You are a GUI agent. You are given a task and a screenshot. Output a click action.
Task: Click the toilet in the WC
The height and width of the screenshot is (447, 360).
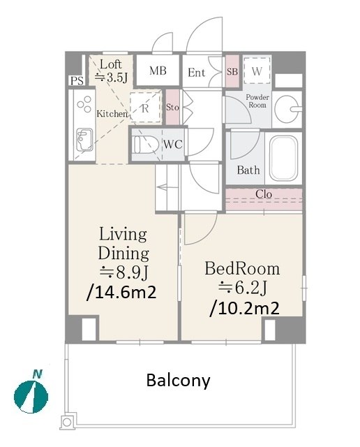(146, 145)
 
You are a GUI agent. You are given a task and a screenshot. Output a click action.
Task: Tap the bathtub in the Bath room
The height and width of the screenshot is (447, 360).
(283, 158)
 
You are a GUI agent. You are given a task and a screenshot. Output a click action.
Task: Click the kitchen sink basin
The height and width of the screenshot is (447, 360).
(84, 140)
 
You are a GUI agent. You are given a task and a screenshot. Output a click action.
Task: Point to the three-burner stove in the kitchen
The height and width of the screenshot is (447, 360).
(84, 104)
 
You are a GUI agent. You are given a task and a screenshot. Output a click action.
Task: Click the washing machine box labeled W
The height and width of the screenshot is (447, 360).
(257, 71)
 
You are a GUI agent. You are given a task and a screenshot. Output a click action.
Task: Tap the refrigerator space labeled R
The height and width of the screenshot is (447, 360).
(145, 108)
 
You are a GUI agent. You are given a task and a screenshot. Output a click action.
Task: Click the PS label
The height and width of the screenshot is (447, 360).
(77, 81)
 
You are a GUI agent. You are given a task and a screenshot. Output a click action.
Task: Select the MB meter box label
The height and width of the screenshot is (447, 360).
(158, 71)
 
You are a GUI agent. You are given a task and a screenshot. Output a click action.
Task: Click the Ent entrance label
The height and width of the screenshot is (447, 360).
(197, 73)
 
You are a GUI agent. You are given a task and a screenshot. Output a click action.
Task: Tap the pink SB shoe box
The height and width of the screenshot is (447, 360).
(232, 71)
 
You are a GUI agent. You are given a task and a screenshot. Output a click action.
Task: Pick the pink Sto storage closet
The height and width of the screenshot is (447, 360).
(172, 107)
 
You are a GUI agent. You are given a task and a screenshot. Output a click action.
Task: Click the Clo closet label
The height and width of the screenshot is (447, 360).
(264, 194)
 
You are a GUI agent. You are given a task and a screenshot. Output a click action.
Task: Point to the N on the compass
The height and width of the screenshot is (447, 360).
(37, 374)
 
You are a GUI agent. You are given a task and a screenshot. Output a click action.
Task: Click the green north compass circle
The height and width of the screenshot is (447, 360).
(31, 397)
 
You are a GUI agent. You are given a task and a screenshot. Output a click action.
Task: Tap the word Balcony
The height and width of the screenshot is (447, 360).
(179, 380)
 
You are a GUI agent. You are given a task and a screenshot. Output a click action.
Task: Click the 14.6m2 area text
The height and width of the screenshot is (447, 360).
(121, 292)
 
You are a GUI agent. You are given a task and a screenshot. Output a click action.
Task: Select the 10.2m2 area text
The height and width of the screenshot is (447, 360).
(244, 308)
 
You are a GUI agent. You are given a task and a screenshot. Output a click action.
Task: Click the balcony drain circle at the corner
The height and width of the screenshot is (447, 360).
(67, 422)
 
